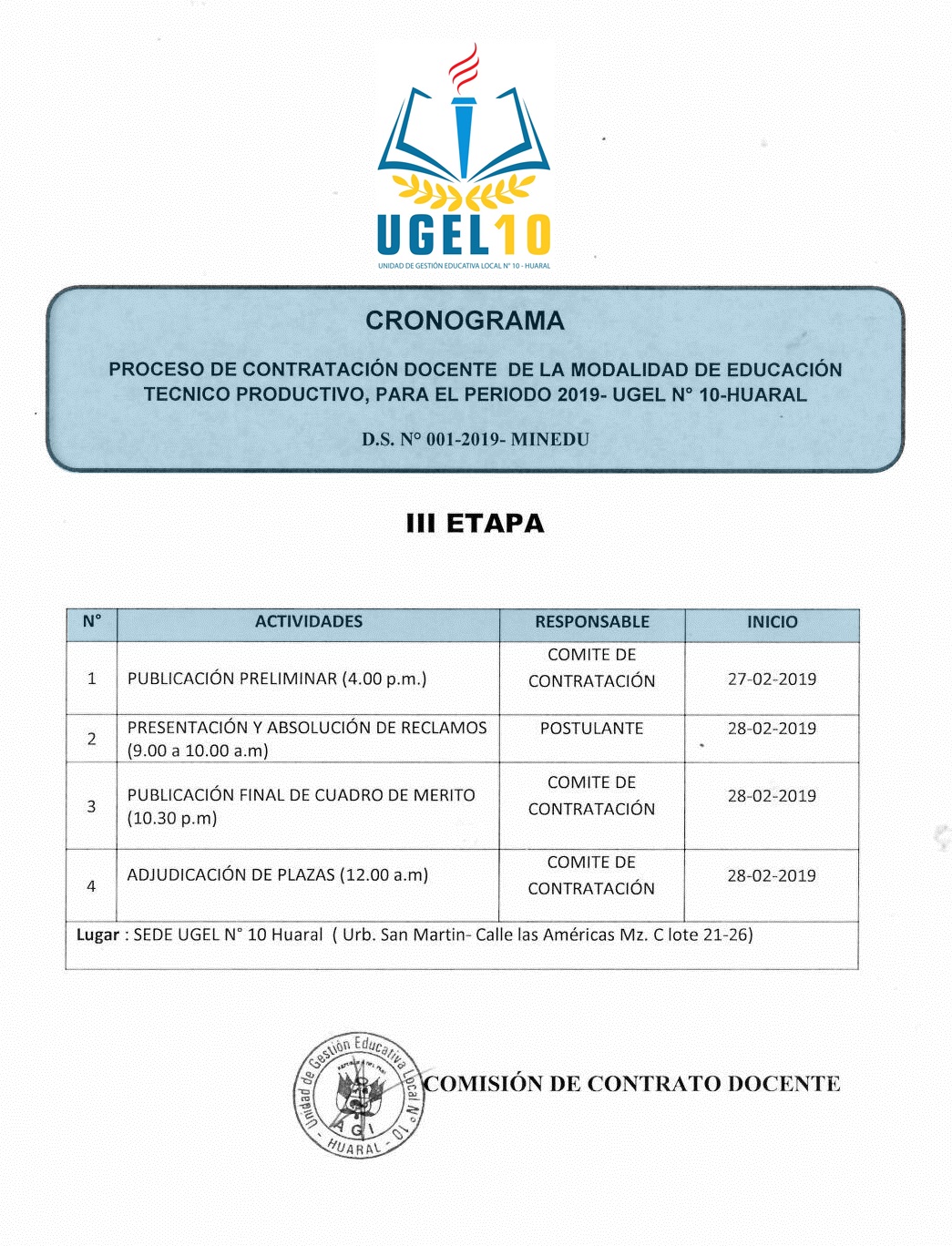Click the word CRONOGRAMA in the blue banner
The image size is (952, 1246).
465,321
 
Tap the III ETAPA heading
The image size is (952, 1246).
475,523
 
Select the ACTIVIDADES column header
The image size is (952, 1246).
308,621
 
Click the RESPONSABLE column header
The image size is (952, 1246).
592,621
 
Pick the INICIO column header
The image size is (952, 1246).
772,621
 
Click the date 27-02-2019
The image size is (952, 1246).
772,679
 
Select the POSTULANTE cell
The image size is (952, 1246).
591,728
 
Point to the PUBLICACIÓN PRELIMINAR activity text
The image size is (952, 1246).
277,679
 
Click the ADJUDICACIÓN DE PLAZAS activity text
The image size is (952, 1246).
277,874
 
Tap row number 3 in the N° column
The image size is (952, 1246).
91,806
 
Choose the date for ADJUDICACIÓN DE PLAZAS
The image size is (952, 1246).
772,875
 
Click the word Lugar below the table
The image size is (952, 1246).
97,934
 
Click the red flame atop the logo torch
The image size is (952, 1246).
464,68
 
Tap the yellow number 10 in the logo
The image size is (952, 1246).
522,235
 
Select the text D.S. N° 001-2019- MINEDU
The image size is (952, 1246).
475,439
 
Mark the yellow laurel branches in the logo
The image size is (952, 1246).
464,191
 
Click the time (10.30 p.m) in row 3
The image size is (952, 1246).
172,818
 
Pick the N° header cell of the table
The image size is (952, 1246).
91,621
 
